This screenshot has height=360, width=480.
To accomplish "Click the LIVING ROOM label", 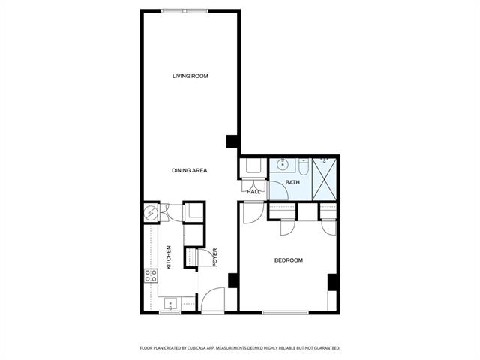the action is (x=190, y=76).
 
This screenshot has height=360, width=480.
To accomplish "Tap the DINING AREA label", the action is (x=190, y=170).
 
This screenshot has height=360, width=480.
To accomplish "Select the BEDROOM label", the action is (x=289, y=260).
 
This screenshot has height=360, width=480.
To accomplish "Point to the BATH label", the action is (x=292, y=182).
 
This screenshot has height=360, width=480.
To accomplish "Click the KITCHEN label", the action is (x=169, y=257).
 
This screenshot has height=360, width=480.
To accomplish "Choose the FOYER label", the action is (x=215, y=257).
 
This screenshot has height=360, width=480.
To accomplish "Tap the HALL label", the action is (x=253, y=192).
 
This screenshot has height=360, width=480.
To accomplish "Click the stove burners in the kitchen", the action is (x=151, y=275).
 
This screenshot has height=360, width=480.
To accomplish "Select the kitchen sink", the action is (x=170, y=304).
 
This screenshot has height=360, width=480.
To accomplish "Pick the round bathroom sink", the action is (x=283, y=165).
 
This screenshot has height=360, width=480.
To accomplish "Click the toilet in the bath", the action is (x=303, y=167).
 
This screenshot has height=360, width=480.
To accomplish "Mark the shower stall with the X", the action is (x=325, y=179).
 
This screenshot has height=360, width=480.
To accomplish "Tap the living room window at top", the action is (x=185, y=11).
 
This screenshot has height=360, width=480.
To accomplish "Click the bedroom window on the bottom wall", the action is (x=285, y=313).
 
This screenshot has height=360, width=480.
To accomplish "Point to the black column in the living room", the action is (x=232, y=142).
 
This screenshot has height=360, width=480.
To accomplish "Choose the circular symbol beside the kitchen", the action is (x=150, y=211).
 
